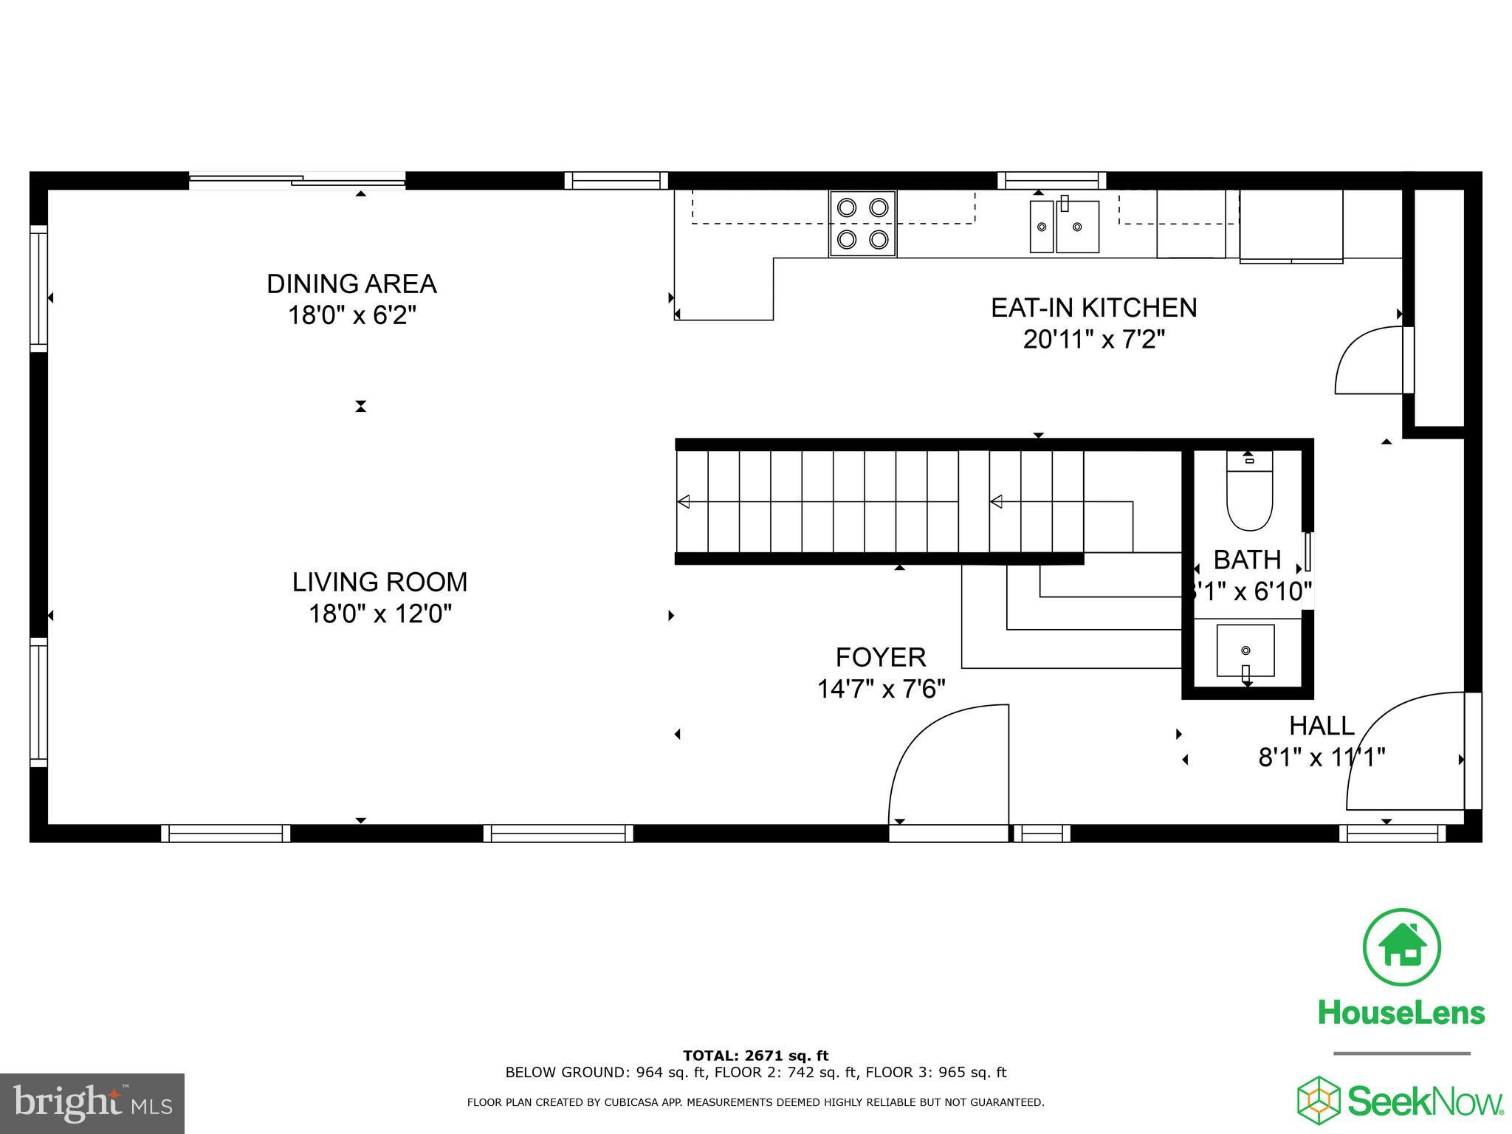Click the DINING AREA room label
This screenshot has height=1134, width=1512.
pos(351,284)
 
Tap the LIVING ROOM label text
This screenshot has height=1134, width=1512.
pos(379,583)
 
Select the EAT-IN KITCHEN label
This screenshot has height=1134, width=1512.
pos(1093,308)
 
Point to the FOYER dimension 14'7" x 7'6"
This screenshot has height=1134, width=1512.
pos(881,689)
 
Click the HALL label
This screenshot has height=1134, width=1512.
pos(1322,726)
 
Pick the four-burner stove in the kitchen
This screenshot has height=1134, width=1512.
pos(862,224)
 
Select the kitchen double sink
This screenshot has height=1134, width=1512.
pos(1065,225)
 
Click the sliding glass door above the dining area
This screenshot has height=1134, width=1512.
pos(298,180)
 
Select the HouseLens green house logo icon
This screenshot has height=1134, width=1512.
pos(1401,947)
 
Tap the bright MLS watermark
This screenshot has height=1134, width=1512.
pos(93,1103)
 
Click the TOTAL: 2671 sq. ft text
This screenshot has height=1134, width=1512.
pos(755,1056)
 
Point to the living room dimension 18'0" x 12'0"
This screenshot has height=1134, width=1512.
pos(379,614)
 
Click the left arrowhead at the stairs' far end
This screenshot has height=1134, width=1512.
pos(683,502)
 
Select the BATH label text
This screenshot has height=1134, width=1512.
pos(1247,560)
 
